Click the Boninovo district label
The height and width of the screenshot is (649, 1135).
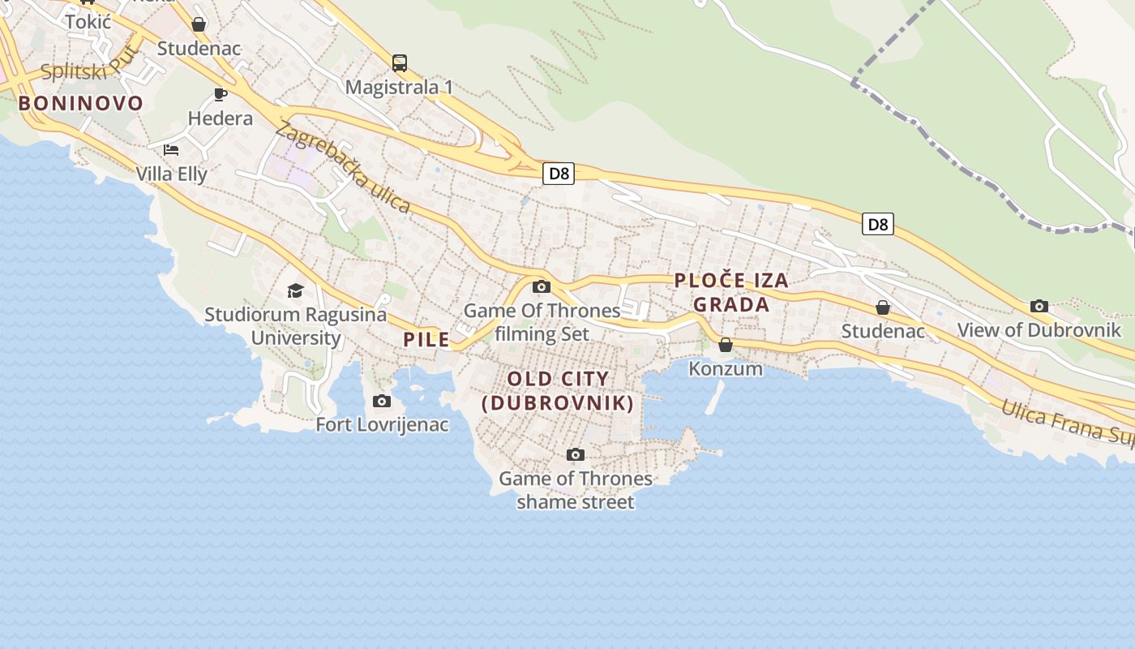(80, 103)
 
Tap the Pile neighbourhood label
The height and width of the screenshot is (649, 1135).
(426, 339)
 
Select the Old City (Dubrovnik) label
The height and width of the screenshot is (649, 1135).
(558, 390)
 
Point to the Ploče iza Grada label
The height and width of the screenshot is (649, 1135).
(731, 292)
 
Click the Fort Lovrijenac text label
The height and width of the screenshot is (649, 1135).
(382, 424)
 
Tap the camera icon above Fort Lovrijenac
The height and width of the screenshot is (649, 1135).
(381, 401)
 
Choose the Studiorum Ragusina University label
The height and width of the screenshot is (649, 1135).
(296, 325)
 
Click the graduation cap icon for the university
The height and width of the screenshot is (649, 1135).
(295, 290)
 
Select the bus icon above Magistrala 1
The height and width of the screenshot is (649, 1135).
(399, 62)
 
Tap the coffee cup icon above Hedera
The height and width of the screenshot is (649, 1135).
(220, 94)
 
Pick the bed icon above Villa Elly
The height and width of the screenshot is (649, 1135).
(171, 149)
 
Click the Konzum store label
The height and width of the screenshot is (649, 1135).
(726, 368)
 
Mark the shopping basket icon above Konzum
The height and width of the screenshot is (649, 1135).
(726, 345)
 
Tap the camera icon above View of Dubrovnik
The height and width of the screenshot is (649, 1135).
(1039, 306)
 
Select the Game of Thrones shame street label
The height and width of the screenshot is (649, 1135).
(576, 490)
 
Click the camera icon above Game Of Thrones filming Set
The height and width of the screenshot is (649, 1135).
(542, 286)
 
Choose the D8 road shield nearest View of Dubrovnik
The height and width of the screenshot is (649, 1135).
(877, 224)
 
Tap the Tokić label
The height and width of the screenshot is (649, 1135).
(88, 22)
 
